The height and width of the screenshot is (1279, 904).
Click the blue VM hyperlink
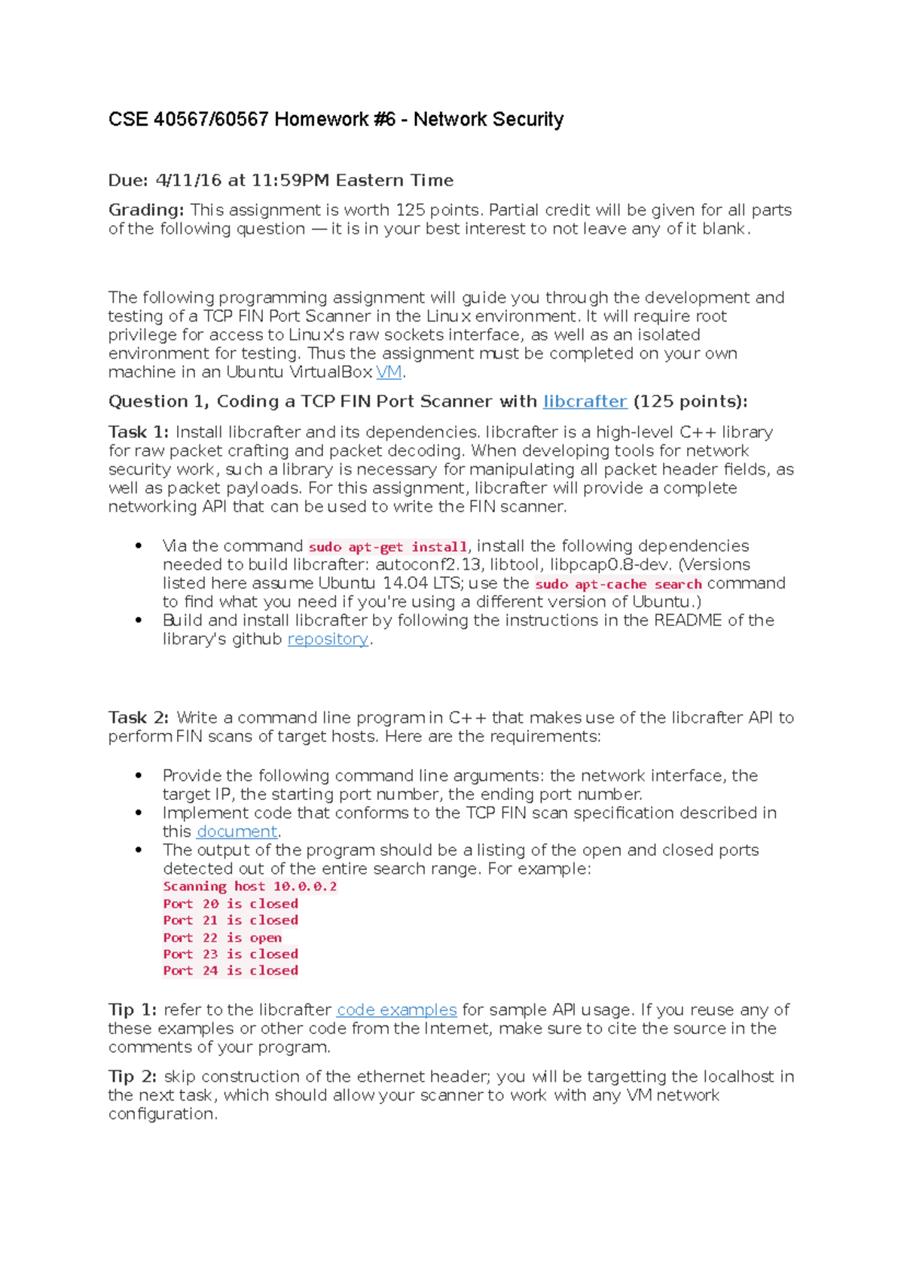click(389, 372)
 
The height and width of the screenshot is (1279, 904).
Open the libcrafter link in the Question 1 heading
click(585, 401)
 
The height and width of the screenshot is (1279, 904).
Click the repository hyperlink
click(328, 639)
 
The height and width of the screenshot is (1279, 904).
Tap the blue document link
click(237, 832)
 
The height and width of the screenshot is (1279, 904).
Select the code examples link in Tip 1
click(396, 1010)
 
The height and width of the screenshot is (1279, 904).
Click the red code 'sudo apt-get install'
click(388, 547)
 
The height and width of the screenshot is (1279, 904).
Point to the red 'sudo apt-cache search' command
click(618, 584)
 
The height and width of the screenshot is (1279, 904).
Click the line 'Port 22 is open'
click(222, 938)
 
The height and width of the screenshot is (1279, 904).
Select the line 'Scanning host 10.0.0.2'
click(249, 887)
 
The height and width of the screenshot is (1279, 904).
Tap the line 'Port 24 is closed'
click(230, 971)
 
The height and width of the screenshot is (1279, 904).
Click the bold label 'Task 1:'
click(139, 432)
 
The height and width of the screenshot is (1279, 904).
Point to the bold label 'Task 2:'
click(139, 718)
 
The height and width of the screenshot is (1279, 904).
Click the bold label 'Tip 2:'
click(133, 1077)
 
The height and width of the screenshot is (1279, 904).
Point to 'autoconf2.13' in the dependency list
click(428, 565)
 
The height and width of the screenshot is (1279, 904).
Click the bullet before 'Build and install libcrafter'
click(139, 621)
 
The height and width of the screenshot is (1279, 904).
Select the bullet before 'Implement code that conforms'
click(139, 813)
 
